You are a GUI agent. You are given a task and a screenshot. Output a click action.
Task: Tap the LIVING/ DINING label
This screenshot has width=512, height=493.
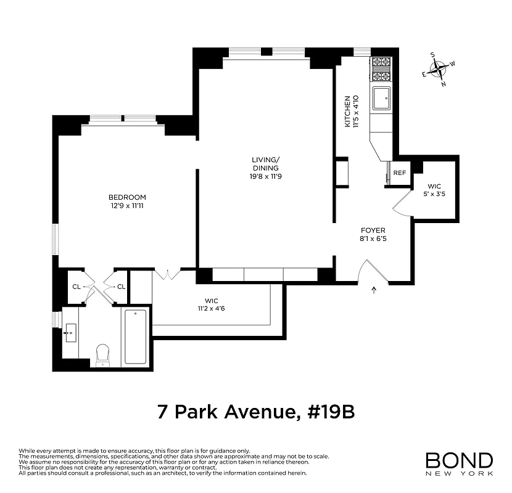(x=265, y=164)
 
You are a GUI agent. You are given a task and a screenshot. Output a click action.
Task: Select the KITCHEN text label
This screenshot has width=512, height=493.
(x=347, y=111)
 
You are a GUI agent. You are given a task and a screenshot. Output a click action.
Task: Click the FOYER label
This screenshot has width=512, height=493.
(x=373, y=230)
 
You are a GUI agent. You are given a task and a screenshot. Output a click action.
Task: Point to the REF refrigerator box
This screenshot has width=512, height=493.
(x=400, y=173)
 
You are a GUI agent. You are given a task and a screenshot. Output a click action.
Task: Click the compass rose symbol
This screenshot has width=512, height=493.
(x=439, y=70)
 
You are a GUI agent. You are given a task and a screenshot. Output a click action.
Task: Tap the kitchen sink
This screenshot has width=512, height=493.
(x=382, y=97)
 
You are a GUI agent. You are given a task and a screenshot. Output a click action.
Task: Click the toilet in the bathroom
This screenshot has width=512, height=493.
(x=103, y=354)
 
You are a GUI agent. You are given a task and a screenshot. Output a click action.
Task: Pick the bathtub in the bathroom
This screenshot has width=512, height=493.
(x=135, y=336)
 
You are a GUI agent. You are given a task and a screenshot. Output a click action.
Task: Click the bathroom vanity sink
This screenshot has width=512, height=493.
(x=68, y=332)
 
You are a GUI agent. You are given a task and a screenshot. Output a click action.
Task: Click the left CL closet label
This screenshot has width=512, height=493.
(x=76, y=287)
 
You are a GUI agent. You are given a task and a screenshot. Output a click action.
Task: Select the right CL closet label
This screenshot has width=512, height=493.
(x=121, y=287)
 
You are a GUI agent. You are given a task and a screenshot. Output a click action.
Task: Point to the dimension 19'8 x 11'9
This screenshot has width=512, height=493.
(x=265, y=177)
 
